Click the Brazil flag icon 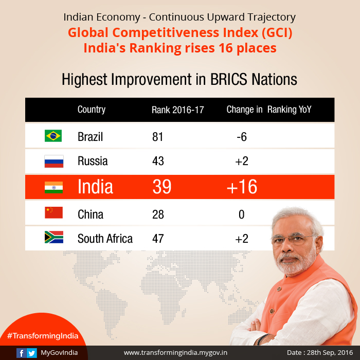coord(53,136)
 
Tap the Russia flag coord(53,161)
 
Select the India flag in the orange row coord(53,187)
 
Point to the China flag coord(53,213)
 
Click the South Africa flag coord(53,238)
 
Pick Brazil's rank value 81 coord(157,137)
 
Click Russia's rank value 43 coord(158,161)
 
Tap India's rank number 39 coord(162,187)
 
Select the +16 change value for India coord(242,187)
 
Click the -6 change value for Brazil coord(241,137)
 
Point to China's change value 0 coord(241,214)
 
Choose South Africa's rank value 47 coord(158,239)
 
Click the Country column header coord(92,110)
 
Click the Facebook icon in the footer coord(21,353)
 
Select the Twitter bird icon coord(32,353)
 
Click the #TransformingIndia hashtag coord(43,336)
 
